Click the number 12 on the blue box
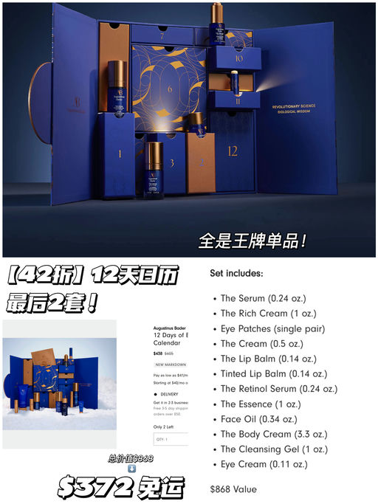[232, 151]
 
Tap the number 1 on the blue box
[119, 154]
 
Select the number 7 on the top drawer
[162, 35]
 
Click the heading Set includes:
[236, 273]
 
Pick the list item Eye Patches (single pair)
[272, 328]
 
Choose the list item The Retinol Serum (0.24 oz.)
[278, 389]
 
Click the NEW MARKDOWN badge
[171, 365]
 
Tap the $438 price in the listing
[159, 354]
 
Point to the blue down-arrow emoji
[131, 469]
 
